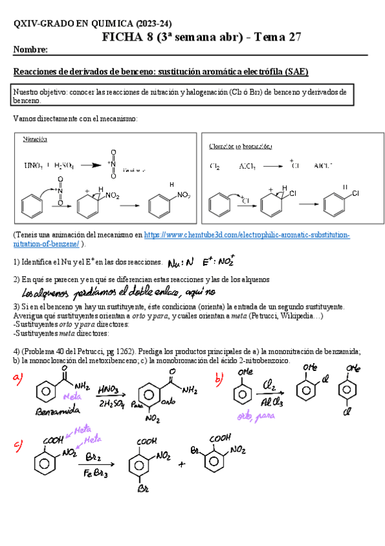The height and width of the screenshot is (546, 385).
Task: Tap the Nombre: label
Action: [x=30, y=50]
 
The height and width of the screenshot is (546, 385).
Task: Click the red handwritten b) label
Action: [x=219, y=380]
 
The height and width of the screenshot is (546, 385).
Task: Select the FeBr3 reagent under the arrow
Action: [x=97, y=475]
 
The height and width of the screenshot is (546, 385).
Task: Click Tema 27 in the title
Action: [x=278, y=37]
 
